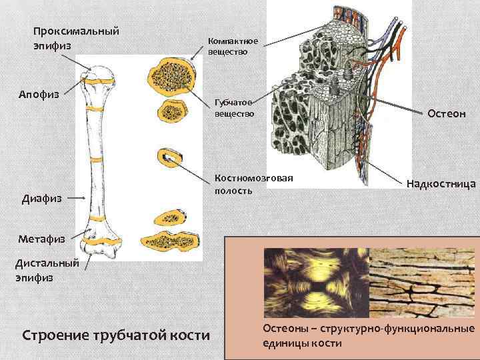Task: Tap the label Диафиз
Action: (41, 198)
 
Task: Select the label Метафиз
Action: (42, 238)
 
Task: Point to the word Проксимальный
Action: (76, 31)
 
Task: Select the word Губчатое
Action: (233, 103)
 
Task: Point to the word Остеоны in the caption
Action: (285, 329)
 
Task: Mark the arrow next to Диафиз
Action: (77, 198)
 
